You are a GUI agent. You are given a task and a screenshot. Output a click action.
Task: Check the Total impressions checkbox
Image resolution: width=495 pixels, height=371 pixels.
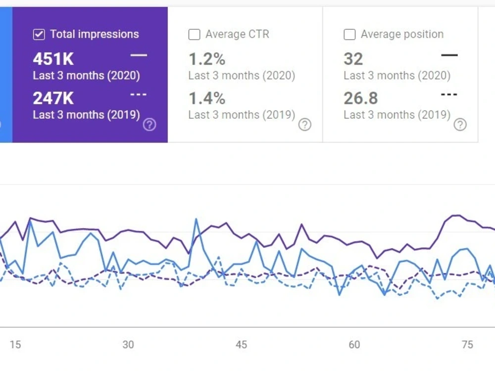[39, 35]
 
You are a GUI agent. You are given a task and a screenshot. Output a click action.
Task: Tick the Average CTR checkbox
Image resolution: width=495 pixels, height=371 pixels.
[194, 35]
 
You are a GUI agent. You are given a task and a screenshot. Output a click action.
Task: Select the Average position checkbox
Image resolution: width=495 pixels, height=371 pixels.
[349, 35]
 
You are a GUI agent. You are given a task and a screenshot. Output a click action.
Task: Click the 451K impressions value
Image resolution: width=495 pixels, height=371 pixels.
[53, 59]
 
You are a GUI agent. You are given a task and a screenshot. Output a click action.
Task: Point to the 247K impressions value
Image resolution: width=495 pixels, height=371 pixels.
[53, 98]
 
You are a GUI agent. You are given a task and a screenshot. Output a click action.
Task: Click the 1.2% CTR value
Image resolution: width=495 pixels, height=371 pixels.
[207, 59]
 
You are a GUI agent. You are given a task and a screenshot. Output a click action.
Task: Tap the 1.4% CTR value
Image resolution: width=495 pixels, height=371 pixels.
[207, 98]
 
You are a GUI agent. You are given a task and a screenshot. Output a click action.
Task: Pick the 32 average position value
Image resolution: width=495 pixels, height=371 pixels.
[353, 59]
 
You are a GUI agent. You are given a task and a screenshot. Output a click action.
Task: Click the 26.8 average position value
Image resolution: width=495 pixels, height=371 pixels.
[360, 98]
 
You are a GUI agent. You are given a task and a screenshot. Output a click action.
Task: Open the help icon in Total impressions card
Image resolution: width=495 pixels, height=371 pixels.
[149, 125]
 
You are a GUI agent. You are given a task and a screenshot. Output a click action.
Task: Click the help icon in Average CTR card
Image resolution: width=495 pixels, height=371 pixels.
[304, 125]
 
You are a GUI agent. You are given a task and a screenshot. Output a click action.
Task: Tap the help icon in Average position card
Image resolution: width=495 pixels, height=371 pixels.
[460, 125]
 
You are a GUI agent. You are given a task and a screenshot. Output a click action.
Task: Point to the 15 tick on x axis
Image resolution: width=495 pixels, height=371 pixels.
[15, 344]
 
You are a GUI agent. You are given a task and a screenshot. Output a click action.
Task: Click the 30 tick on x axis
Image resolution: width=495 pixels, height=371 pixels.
[128, 344]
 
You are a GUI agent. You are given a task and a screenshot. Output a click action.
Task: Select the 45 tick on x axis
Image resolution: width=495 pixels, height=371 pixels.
[241, 344]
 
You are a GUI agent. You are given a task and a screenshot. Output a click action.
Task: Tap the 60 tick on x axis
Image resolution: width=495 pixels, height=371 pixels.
[354, 344]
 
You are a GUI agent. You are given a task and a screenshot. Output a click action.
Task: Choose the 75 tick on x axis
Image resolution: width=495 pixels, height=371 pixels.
[467, 344]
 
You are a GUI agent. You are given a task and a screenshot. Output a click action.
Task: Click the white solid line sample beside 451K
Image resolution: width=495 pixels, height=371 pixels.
[139, 55]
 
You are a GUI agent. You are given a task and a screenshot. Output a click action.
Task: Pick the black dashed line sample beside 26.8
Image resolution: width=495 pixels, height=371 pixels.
[449, 94]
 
